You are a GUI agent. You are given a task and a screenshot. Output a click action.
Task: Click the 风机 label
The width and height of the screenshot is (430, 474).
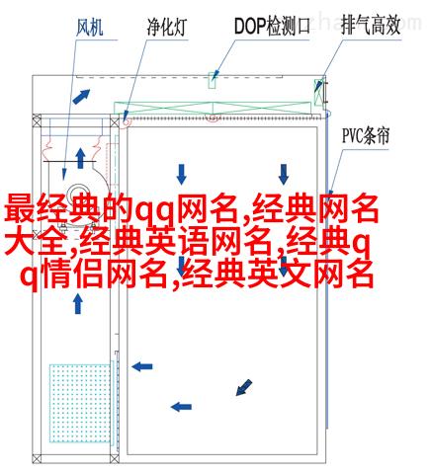90,28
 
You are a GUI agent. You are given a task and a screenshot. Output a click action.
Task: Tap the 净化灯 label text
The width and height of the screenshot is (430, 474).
167,28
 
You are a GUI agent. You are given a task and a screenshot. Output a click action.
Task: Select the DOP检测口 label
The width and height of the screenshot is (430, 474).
272,27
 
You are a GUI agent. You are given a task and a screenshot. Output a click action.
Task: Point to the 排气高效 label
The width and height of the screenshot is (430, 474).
371,26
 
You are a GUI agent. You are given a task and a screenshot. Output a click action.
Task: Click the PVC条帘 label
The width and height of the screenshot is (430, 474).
366,135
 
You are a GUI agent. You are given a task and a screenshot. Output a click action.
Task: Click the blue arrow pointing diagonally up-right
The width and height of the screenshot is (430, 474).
81,96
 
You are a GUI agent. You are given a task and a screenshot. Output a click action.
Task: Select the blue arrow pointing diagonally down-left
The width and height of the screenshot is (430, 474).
244,387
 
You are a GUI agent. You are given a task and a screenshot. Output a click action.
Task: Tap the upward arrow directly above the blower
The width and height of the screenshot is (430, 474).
80,159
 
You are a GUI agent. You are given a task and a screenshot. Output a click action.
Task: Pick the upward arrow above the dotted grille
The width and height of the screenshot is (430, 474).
78,304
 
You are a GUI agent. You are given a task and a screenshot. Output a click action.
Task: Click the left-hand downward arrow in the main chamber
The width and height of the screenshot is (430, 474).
181,174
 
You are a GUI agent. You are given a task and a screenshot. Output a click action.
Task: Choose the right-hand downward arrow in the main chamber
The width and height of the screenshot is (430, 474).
284,174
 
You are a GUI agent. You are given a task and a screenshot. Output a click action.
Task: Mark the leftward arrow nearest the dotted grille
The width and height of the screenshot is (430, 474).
142,366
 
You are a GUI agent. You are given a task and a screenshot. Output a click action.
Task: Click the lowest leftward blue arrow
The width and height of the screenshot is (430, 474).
181,407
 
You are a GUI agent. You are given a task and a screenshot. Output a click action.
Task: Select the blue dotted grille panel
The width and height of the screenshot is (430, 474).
80,403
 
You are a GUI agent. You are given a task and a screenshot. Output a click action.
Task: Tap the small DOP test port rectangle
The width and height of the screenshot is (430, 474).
213,80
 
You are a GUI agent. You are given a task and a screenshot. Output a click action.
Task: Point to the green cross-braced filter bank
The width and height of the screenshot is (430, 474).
213,108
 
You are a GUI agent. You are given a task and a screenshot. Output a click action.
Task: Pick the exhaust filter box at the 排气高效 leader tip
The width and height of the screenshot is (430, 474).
319,92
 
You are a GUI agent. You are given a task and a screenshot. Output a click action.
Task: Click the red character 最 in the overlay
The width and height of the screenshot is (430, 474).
20,208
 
